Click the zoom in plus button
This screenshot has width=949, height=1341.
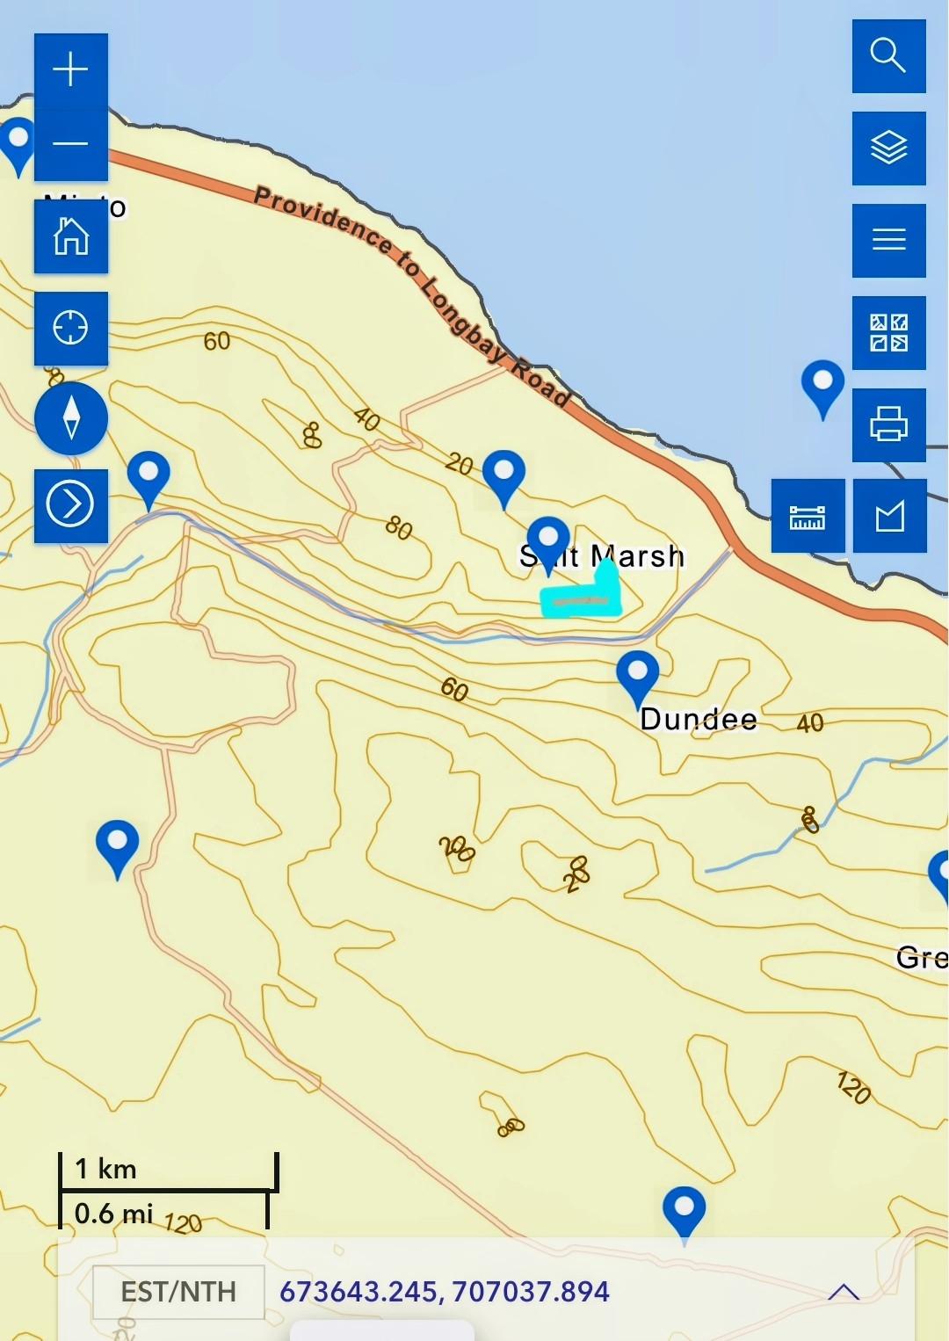(70, 70)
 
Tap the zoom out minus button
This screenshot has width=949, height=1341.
(70, 144)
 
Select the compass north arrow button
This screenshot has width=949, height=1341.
(71, 417)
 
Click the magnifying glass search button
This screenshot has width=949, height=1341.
(888, 55)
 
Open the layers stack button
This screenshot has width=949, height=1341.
(888, 148)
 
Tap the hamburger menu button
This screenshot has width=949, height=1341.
(888, 240)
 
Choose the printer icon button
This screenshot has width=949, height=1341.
(888, 424)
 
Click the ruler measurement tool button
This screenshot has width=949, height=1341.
(808, 517)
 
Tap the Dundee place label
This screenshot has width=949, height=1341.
(699, 720)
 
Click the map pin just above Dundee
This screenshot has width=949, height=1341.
(638, 675)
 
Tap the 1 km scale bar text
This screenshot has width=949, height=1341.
(105, 1170)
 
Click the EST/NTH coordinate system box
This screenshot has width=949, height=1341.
(178, 1292)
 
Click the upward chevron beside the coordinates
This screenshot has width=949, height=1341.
(844, 1292)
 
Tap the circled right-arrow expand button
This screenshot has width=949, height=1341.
(70, 505)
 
